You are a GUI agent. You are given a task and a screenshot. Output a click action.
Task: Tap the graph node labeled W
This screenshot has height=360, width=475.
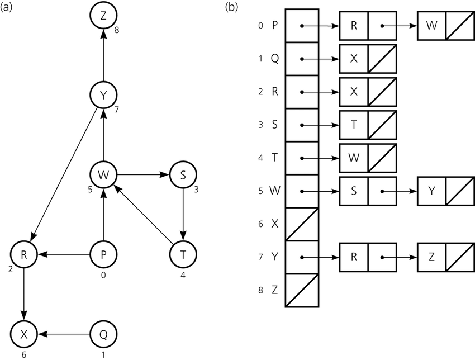pyautogui.click(x=103, y=175)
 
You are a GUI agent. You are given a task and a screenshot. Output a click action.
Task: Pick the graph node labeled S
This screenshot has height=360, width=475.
pyautogui.click(x=184, y=175)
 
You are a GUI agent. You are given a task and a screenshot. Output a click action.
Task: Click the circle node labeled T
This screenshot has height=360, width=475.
pyautogui.click(x=184, y=254)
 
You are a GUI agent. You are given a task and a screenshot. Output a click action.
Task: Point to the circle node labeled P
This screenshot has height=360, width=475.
pyautogui.click(x=103, y=254)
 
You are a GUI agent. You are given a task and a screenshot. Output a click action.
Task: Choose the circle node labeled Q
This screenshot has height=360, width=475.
pyautogui.click(x=103, y=334)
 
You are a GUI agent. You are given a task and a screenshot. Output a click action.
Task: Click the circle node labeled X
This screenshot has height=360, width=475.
pyautogui.click(x=23, y=334)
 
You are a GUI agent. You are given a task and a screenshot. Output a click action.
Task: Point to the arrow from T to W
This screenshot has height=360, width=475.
pyautogui.click(x=144, y=215)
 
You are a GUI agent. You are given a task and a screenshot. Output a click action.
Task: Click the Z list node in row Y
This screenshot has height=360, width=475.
pyautogui.click(x=431, y=258)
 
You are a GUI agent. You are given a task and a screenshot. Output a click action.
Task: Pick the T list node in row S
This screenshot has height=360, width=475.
pyautogui.click(x=354, y=125)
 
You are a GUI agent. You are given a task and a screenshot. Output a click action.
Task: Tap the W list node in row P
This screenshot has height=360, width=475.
pyautogui.click(x=431, y=26)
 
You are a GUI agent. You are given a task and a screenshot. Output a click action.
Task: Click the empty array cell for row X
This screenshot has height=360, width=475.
pyautogui.click(x=302, y=224)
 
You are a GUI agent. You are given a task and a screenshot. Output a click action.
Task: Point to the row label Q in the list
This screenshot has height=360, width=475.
pyautogui.click(x=274, y=59)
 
